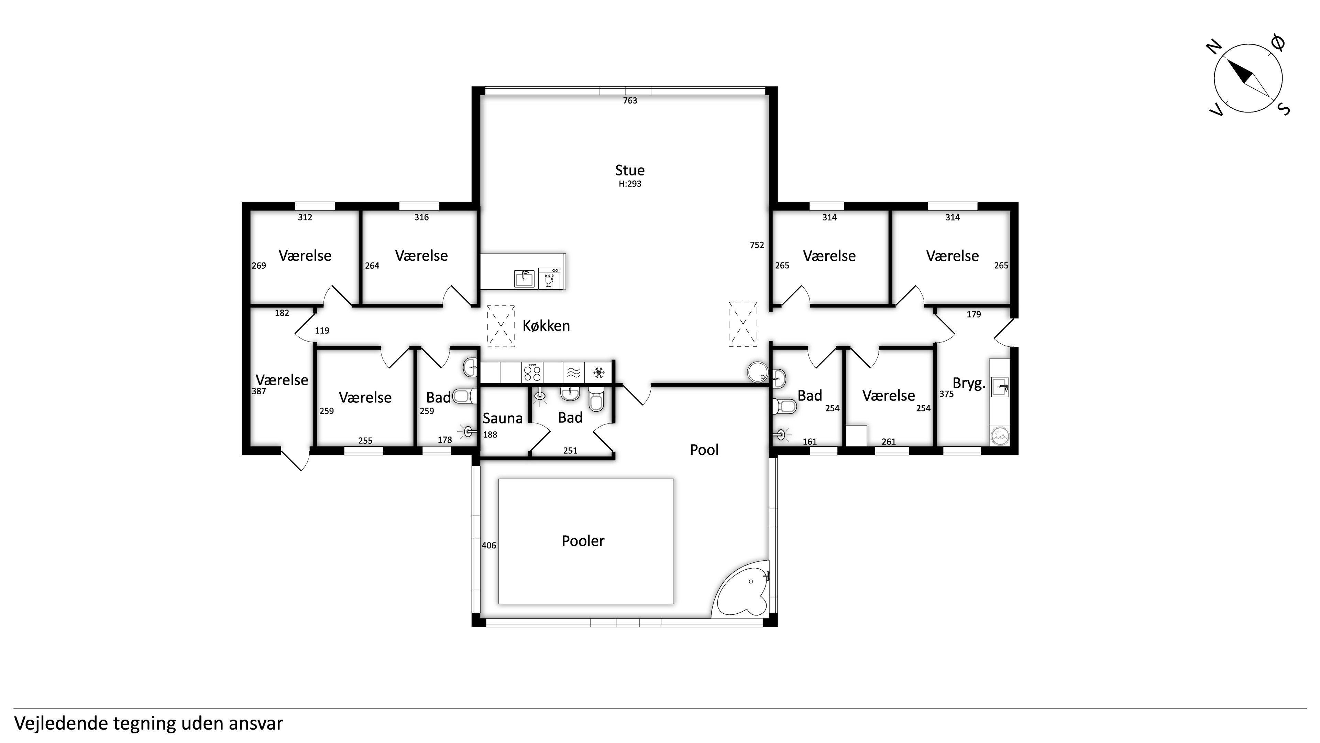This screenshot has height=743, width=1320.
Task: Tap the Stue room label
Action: (630, 170)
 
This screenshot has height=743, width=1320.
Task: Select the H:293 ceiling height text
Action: (630, 184)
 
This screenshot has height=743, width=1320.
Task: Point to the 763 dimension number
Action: (630, 100)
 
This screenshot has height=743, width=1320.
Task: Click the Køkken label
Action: (546, 326)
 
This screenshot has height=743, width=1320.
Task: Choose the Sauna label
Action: (502, 418)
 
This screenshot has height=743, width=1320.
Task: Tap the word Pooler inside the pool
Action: (583, 541)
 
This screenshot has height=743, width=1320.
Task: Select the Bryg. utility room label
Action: (969, 384)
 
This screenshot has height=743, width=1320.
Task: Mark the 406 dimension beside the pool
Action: (489, 546)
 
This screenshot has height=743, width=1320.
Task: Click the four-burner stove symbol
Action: (532, 372)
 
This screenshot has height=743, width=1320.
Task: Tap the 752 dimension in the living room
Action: (757, 245)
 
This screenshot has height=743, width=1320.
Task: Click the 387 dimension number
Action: (259, 391)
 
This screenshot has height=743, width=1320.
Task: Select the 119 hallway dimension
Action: (322, 331)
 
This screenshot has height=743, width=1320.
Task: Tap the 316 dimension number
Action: (421, 217)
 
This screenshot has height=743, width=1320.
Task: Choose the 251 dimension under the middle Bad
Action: (570, 451)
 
